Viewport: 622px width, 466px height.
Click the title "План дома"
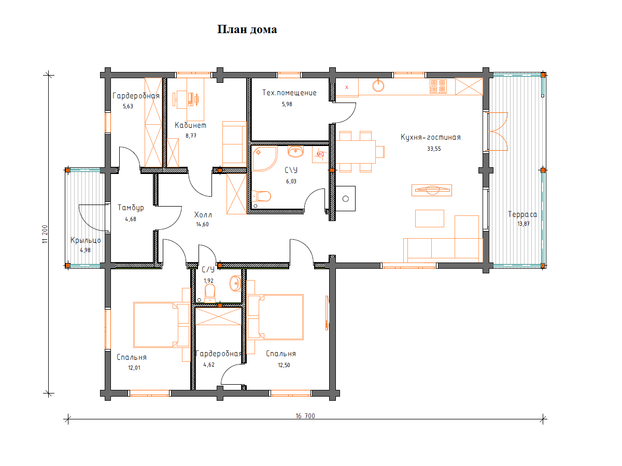point(247,30)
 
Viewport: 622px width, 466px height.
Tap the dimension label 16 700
point(305,416)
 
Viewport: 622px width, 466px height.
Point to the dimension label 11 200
point(45,234)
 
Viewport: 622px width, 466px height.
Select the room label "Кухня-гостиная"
point(430,137)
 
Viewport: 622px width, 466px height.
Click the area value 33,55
point(434,149)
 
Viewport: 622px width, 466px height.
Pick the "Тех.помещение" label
point(289,93)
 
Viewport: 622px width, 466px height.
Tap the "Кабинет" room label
point(190,125)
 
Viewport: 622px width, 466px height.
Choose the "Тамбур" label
point(131,208)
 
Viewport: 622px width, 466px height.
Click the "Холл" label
point(203,215)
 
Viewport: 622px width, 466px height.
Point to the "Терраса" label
point(522,214)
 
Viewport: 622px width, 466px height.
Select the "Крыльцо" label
point(86,240)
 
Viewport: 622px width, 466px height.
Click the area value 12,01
point(134,368)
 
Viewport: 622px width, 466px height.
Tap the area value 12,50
point(284,365)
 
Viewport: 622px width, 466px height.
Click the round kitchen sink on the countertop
point(378,85)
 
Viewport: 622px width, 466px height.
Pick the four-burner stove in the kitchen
point(438,86)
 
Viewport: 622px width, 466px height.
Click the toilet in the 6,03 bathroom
point(261,196)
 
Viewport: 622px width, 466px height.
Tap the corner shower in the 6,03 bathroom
point(264,159)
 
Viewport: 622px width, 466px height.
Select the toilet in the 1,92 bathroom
point(210,293)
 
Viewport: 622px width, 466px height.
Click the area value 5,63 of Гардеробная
point(128,106)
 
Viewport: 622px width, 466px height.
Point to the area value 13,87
point(523,224)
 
